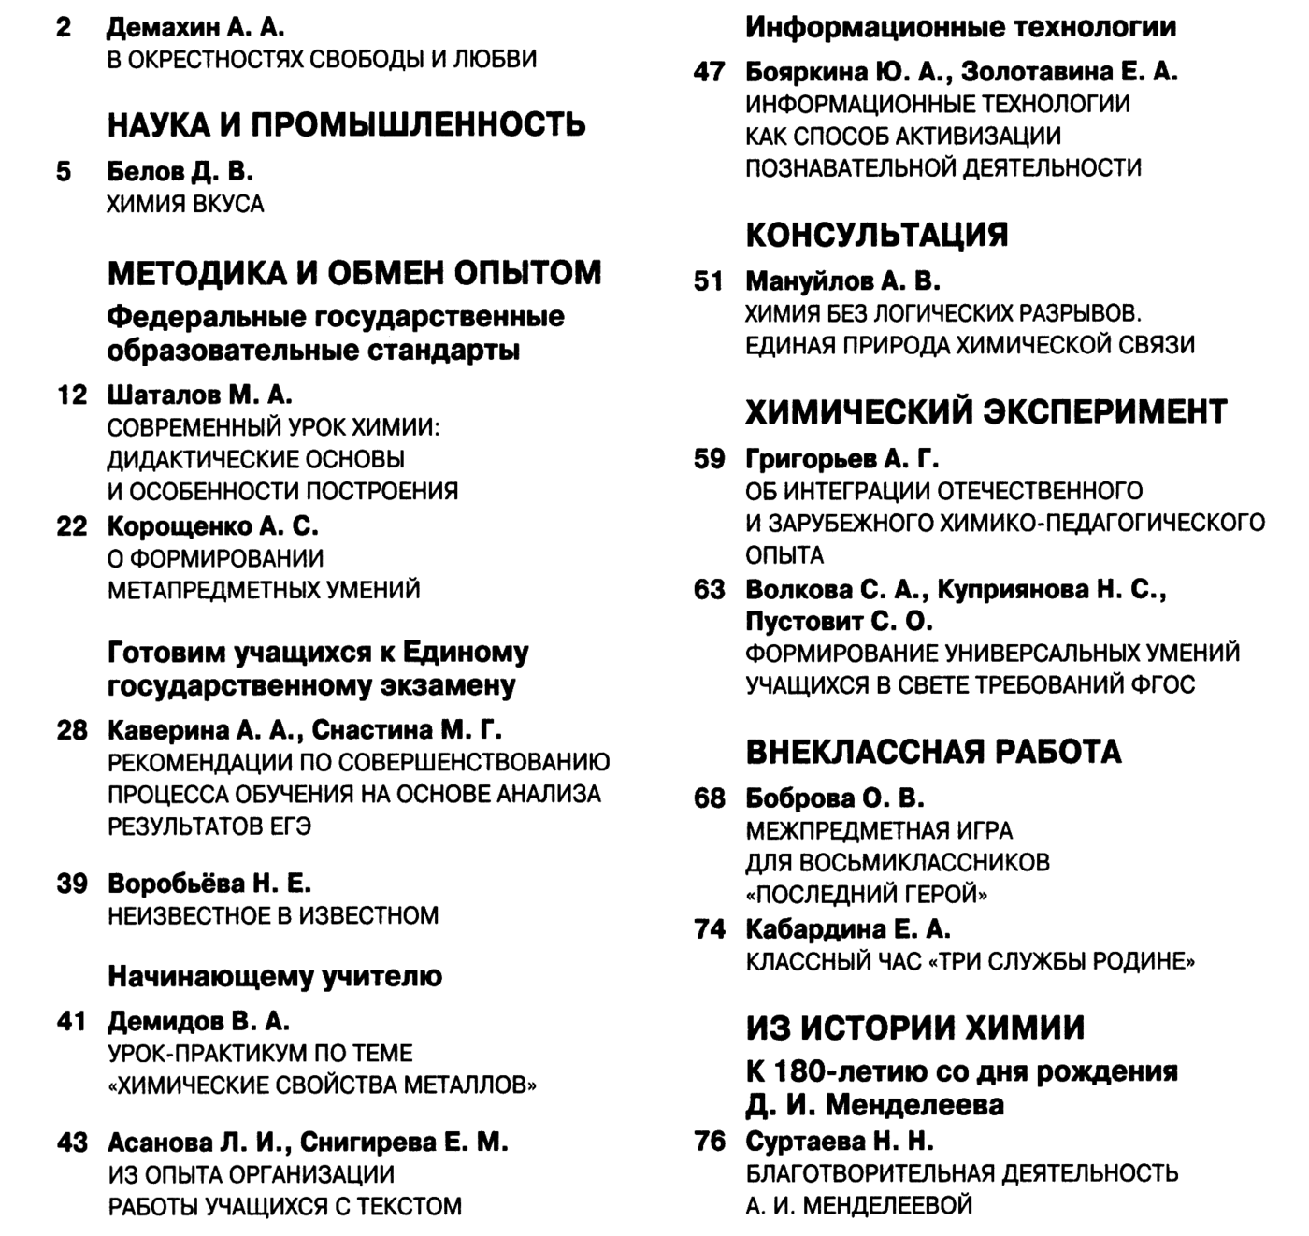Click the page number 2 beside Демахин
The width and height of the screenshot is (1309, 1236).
click(63, 27)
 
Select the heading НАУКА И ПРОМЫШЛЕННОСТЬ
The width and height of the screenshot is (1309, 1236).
click(346, 124)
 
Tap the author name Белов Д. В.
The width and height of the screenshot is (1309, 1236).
click(180, 172)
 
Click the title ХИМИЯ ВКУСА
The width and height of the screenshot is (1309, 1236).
click(185, 204)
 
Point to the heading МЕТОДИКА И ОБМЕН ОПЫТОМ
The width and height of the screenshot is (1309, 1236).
click(354, 273)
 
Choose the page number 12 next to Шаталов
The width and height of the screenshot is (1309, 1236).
click(72, 395)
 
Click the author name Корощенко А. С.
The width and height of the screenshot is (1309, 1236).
click(212, 526)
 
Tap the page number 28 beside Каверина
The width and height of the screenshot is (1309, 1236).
click(72, 730)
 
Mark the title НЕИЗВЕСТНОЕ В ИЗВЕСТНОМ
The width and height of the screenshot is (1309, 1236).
click(273, 915)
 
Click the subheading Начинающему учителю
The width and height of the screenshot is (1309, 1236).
click(275, 977)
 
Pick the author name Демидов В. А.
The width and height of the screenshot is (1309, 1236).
click(198, 1021)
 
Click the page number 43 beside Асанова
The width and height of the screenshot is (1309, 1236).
click(72, 1143)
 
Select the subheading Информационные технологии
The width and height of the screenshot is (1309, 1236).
click(960, 27)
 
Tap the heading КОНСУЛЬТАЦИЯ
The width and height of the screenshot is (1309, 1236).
click(876, 235)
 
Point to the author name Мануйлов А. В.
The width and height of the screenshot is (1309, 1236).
click(842, 281)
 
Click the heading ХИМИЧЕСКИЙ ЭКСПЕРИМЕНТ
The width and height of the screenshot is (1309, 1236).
click(985, 411)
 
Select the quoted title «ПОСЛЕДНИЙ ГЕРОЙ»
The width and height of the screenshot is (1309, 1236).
click(866, 895)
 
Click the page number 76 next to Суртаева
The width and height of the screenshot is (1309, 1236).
click(710, 1142)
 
